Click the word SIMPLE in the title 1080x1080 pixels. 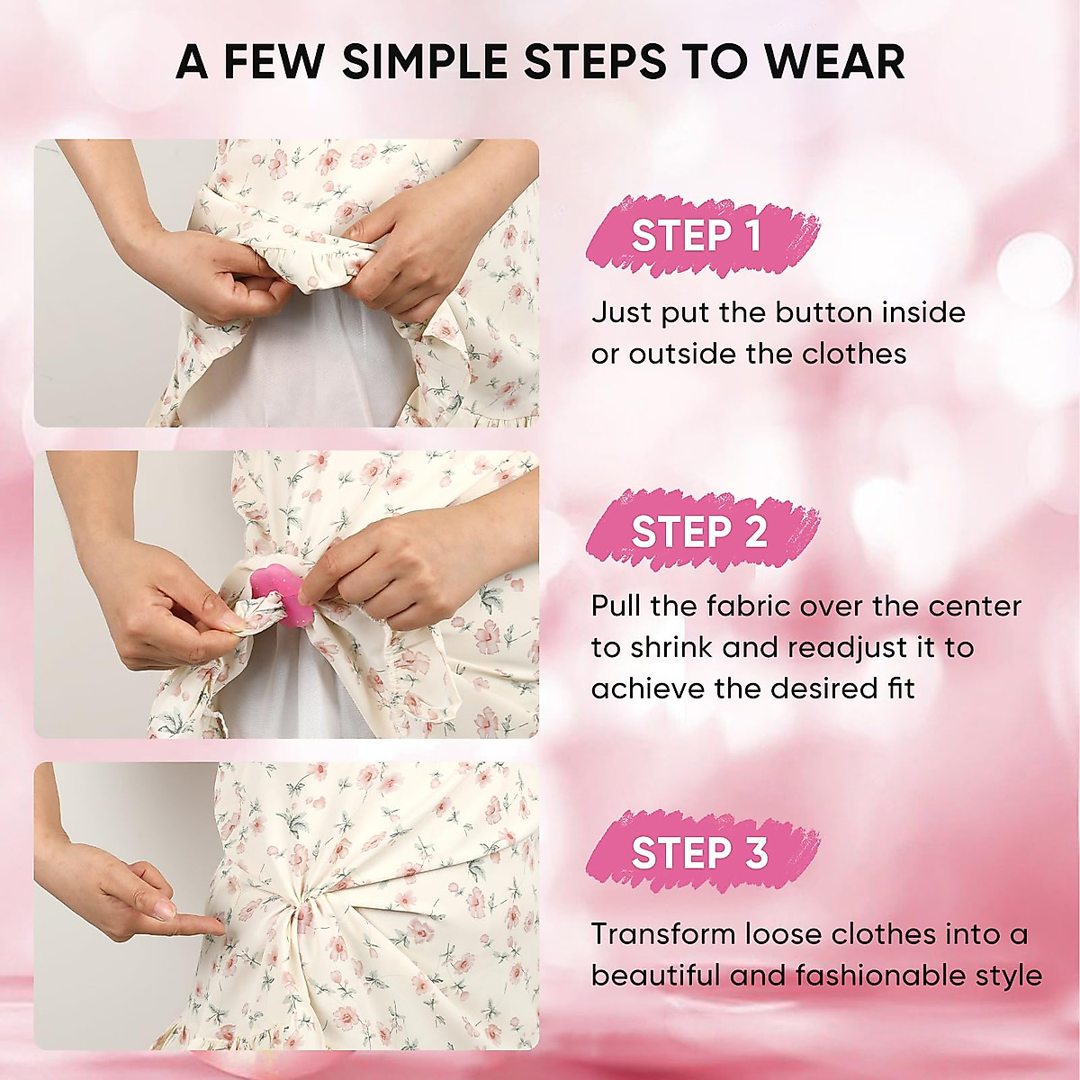point(423,61)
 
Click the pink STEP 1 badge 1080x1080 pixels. point(697,236)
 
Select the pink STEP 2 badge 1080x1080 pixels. point(699,532)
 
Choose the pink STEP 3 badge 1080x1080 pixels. point(699,852)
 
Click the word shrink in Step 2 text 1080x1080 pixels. point(670,647)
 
